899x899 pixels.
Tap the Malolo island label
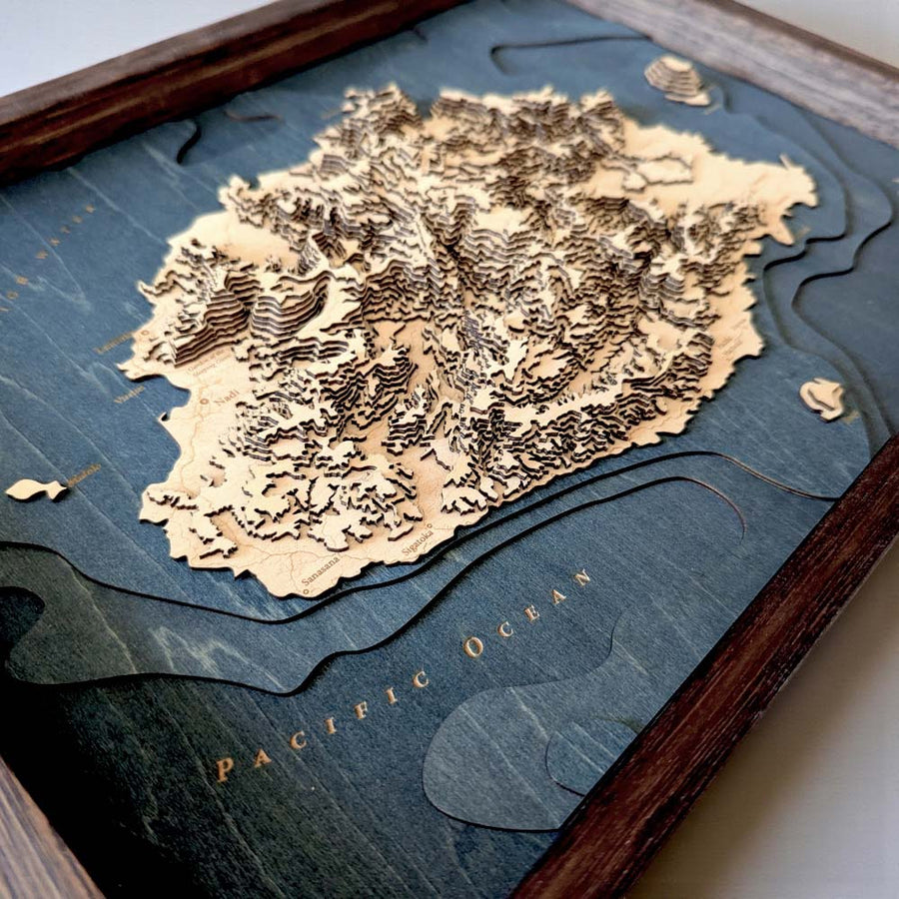coord(84,474)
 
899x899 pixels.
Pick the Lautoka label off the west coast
coord(115,343)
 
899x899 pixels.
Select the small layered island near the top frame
coord(677,79)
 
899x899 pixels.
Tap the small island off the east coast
coord(823,398)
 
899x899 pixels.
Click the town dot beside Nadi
coord(205,403)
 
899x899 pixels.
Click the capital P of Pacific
coord(226,769)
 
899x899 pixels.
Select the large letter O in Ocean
coord(471,646)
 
